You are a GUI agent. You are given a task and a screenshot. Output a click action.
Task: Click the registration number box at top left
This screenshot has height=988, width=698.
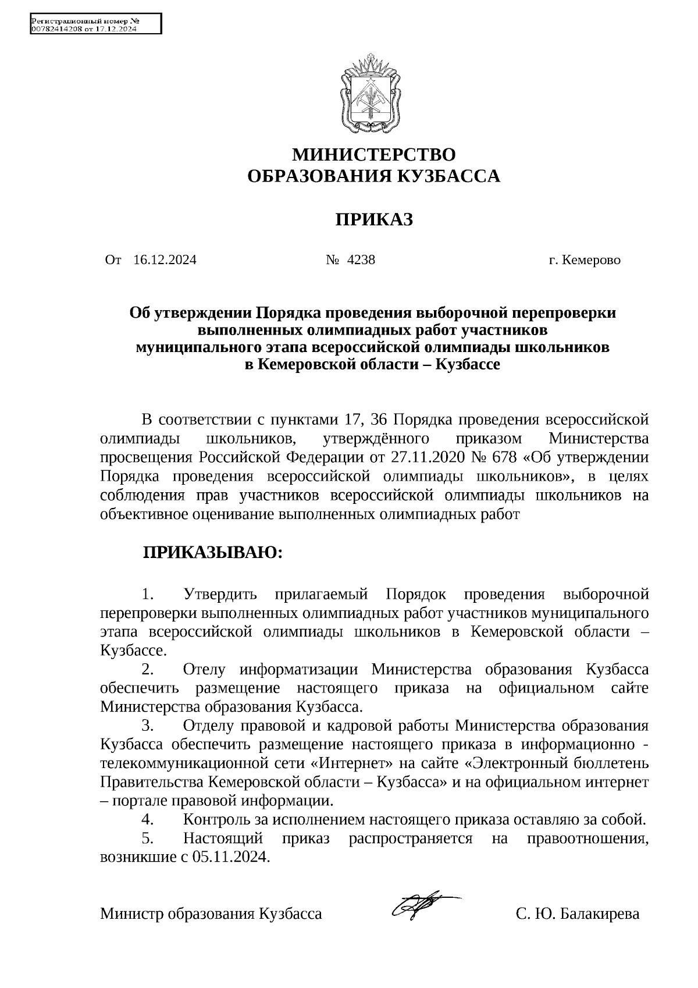[95, 24]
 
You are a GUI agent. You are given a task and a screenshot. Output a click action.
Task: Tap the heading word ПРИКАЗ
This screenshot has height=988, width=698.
[373, 220]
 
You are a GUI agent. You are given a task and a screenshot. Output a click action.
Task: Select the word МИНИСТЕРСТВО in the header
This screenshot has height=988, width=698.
[373, 155]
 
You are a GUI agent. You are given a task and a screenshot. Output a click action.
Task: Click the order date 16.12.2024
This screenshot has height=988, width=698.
[165, 260]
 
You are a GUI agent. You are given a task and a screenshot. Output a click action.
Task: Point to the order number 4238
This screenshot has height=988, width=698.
[361, 260]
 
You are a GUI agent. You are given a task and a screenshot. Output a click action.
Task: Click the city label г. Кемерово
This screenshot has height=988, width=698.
[584, 260]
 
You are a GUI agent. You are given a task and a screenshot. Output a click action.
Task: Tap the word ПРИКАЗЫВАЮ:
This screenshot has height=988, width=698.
[213, 553]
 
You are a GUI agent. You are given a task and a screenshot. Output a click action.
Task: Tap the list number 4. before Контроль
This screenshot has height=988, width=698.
[147, 820]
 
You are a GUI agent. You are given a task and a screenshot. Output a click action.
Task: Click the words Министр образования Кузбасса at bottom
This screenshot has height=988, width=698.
[211, 914]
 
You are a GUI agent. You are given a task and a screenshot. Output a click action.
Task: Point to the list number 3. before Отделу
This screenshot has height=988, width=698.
[147, 726]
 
